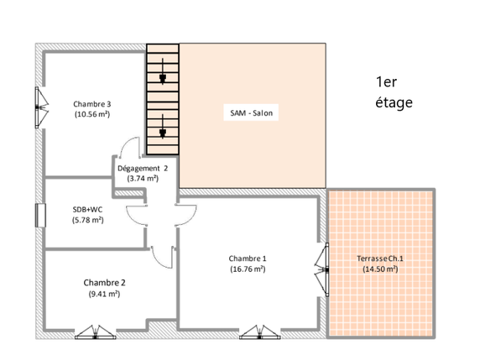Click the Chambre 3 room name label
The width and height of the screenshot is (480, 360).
(x=92, y=103)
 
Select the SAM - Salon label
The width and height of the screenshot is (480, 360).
(x=252, y=112)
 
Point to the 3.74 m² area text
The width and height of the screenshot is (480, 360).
(x=143, y=178)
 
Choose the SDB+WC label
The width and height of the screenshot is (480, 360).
(x=87, y=210)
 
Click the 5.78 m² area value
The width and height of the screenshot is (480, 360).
(x=87, y=220)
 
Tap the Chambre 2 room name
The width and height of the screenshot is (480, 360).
(x=105, y=283)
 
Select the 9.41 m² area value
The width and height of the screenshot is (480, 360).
(x=105, y=294)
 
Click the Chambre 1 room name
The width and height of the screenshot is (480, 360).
(x=248, y=258)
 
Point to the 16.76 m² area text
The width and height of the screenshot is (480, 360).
(x=248, y=269)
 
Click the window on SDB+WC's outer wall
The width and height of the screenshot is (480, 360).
(x=39, y=216)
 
